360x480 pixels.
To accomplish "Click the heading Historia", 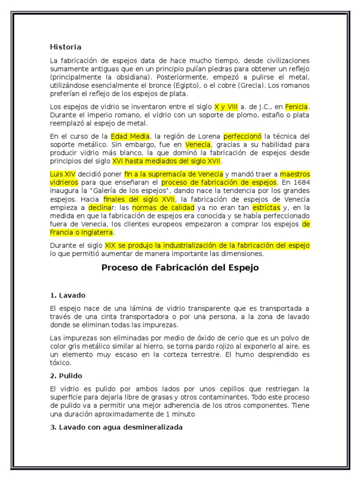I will point(66,47).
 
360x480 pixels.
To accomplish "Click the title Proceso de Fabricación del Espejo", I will point(180,268).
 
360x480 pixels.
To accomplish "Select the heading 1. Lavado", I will point(67,295).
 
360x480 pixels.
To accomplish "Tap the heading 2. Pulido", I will point(67,375).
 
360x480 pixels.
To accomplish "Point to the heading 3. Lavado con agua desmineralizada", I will point(116,427).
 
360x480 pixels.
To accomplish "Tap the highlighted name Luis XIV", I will point(62,174).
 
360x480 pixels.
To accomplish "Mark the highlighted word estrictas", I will point(266,207).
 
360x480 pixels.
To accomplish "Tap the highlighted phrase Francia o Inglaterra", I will point(82,232).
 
